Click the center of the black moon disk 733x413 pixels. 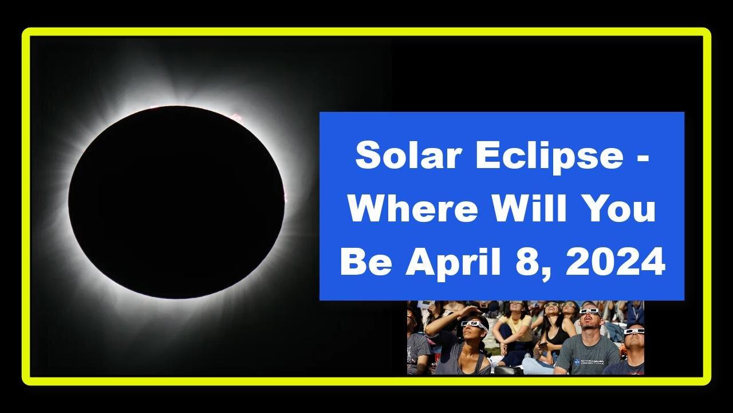tap(176, 202)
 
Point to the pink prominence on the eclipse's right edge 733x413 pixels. tap(285, 195)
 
